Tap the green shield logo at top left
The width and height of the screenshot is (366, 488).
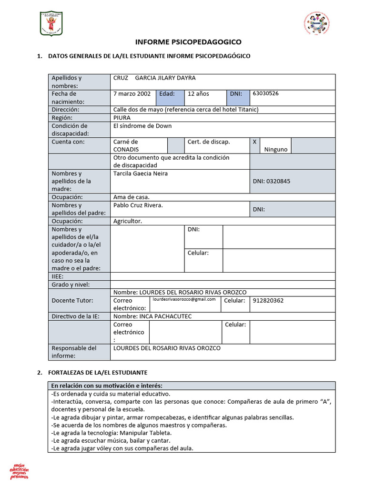pyautogui.click(x=51, y=24)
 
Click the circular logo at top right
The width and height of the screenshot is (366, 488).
pyautogui.click(x=316, y=23)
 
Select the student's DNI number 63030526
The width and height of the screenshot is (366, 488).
pyautogui.click(x=265, y=93)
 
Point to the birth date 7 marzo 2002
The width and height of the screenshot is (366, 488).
pyautogui.click(x=132, y=94)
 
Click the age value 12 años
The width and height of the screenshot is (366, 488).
pyautogui.click(x=198, y=94)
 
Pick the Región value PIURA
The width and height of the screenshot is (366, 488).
pyautogui.click(x=122, y=117)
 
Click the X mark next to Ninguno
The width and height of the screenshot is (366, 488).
pyautogui.click(x=254, y=142)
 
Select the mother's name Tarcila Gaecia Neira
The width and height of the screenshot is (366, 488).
pyautogui.click(x=141, y=173)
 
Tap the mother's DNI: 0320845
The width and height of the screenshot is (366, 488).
pyautogui.click(x=271, y=181)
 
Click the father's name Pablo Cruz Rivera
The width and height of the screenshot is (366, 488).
pyautogui.click(x=138, y=205)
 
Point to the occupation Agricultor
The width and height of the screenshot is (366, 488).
pyautogui.click(x=128, y=221)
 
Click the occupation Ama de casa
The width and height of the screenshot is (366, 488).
pyautogui.click(x=132, y=197)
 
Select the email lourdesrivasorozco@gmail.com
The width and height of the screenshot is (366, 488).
pyautogui.click(x=184, y=300)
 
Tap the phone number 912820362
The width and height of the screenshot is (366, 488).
pyautogui.click(x=268, y=301)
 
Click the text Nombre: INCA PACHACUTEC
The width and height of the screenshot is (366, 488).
pyautogui.click(x=152, y=316)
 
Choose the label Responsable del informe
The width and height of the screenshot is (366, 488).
pyautogui.click(x=74, y=352)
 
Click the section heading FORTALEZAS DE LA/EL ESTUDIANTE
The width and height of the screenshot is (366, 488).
pyautogui.click(x=98, y=372)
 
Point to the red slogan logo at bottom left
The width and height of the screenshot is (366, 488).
pyautogui.click(x=20, y=470)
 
